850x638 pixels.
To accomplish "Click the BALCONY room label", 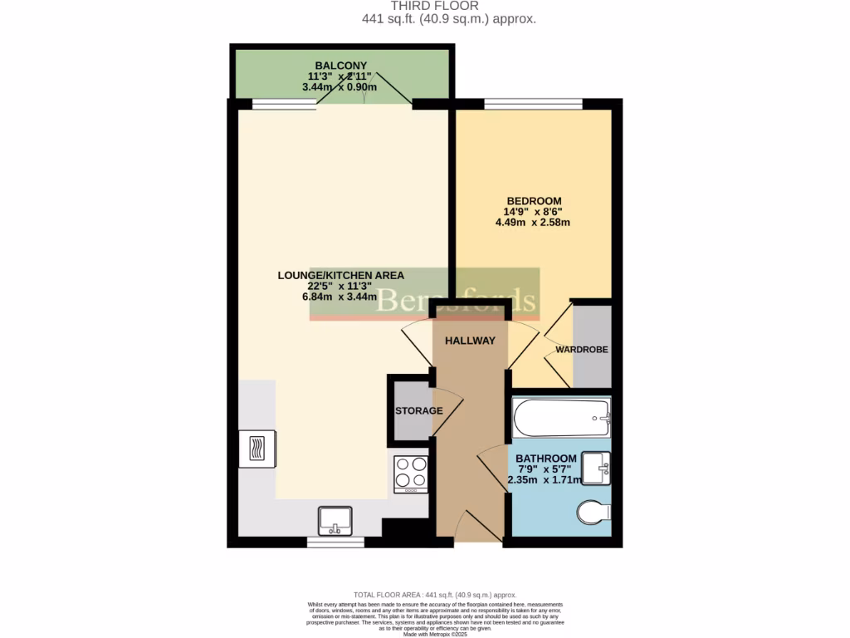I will tap(341, 66).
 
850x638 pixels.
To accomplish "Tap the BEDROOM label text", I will tap(534, 201).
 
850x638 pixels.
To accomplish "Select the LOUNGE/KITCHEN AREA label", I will tap(340, 275).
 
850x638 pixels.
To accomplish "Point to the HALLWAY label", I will tap(470, 341).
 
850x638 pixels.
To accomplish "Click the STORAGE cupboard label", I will tap(418, 411).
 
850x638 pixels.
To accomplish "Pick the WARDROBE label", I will tap(582, 350).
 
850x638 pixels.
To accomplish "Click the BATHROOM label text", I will tap(545, 459).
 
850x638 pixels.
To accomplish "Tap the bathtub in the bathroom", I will tap(561, 418).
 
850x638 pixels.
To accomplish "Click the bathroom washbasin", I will tap(596, 468).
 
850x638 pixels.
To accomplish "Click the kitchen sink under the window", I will tap(335, 521).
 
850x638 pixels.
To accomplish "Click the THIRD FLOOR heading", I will tap(424, 6).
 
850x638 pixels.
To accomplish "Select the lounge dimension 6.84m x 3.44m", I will tap(340, 297).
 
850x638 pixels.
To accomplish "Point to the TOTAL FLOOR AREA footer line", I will tap(435, 595).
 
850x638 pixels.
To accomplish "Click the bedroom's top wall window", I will tap(533, 104).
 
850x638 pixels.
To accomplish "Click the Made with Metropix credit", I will tap(436, 634).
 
